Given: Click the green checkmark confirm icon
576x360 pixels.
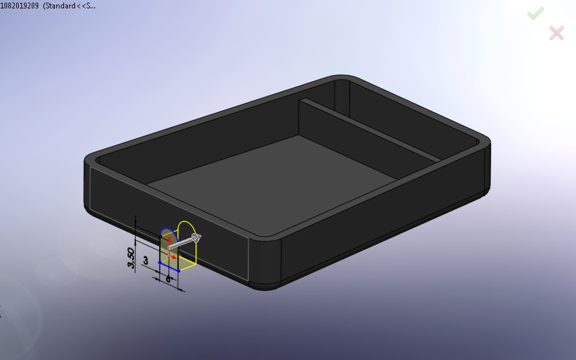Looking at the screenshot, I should (x=535, y=14).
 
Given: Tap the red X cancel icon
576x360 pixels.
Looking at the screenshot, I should (x=556, y=33).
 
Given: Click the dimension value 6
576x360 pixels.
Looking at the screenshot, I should (x=168, y=278).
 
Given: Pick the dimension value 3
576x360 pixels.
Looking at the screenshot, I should (x=146, y=260).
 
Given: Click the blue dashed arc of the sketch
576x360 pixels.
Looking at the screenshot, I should (x=165, y=231).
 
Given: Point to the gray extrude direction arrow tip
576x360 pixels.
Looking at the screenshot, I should (x=197, y=238).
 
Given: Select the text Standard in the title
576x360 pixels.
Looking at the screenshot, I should (x=67, y=6).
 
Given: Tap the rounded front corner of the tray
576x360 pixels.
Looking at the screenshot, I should (x=265, y=265).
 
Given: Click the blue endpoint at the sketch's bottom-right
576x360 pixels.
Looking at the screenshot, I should (x=178, y=269).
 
